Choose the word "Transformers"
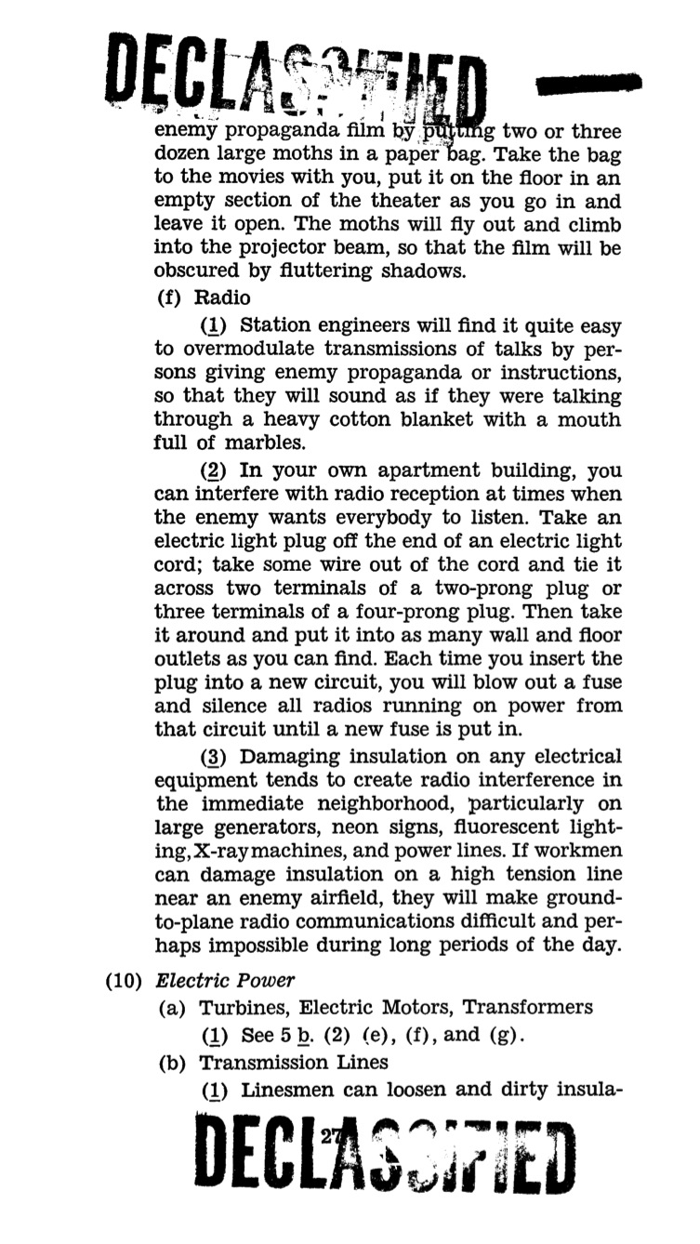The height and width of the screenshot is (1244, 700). coord(528,1007)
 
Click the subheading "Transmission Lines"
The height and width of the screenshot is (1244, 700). coord(294,1062)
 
